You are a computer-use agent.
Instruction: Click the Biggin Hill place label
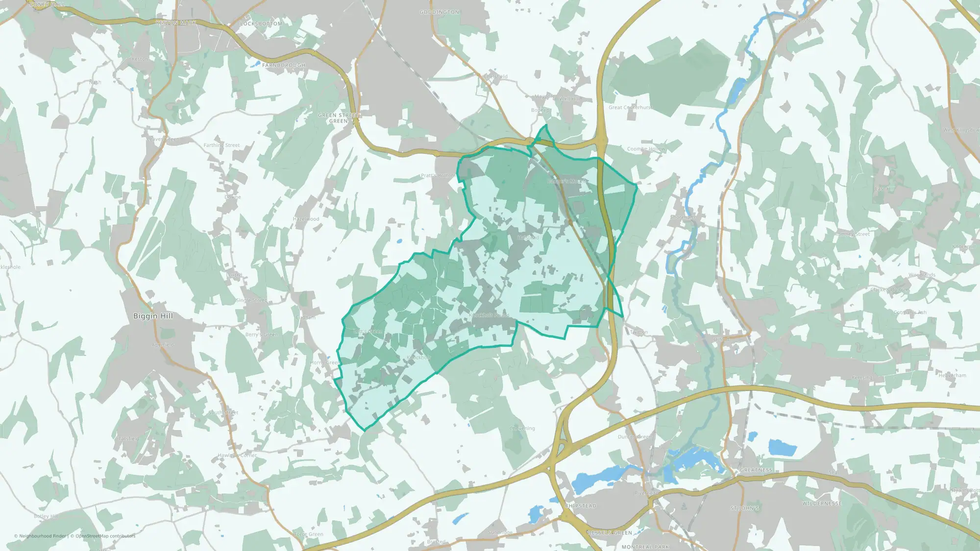pyautogui.click(x=153, y=316)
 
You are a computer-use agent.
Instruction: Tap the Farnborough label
pyautogui.click(x=283, y=65)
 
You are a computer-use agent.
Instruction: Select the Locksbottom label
pyautogui.click(x=261, y=24)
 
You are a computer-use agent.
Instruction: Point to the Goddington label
pyautogui.click(x=439, y=12)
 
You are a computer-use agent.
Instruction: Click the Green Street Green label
pyautogui.click(x=339, y=118)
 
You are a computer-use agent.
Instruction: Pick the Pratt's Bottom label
pyautogui.click(x=438, y=176)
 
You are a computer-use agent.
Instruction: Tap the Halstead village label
pyautogui.click(x=528, y=238)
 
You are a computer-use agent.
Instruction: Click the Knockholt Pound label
pyautogui.click(x=490, y=315)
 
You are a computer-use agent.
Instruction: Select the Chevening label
pyautogui.click(x=522, y=429)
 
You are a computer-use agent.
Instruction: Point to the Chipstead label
pyautogui.click(x=581, y=506)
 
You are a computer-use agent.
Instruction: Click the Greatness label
pyautogui.click(x=756, y=470)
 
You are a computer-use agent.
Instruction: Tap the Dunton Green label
pyautogui.click(x=635, y=437)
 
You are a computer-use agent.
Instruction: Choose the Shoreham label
pyautogui.click(x=683, y=217)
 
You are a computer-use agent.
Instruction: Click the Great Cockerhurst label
pyautogui.click(x=631, y=108)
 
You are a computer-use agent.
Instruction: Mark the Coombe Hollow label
pyautogui.click(x=646, y=149)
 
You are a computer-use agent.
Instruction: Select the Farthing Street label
pyautogui.click(x=221, y=145)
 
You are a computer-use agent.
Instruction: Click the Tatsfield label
pyautogui.click(x=128, y=439)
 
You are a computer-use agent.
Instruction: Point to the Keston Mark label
pyautogui.click(x=176, y=23)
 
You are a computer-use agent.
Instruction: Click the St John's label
pyautogui.click(x=744, y=508)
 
